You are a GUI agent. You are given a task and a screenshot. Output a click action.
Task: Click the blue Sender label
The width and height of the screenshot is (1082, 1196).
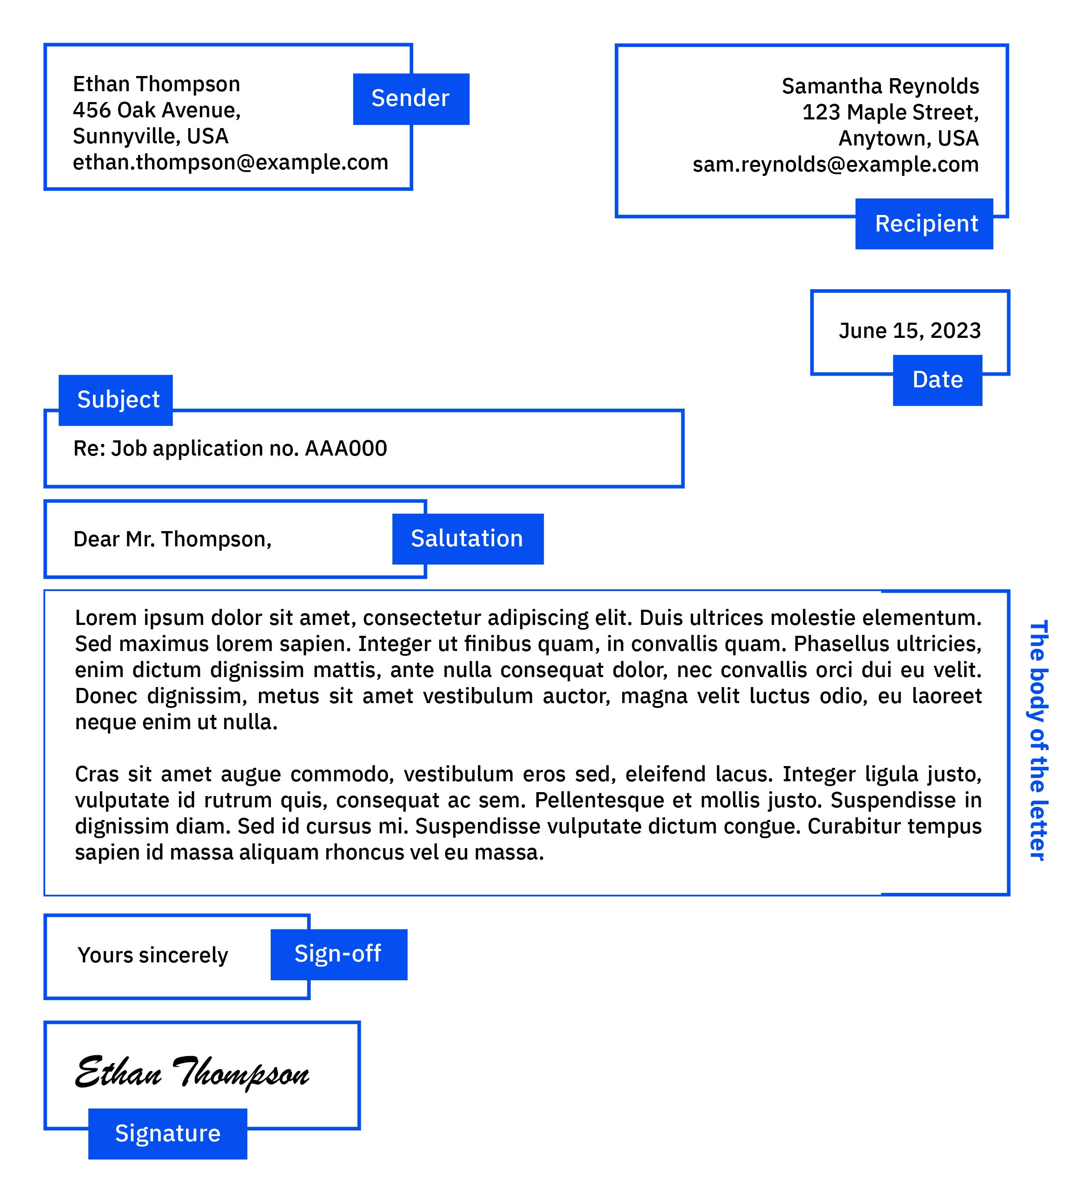411,99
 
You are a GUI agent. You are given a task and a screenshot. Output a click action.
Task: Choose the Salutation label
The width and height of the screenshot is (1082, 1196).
467,539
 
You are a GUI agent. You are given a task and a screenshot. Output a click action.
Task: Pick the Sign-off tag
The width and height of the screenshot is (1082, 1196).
339,954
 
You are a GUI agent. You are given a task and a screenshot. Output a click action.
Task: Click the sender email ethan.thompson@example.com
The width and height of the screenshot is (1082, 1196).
230,162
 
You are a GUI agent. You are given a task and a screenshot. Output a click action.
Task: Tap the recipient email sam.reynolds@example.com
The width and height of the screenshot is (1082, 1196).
835,164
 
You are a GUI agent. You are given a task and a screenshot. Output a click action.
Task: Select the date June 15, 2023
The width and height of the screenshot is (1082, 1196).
909,330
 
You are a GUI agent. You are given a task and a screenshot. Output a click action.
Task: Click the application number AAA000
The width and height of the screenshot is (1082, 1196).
345,449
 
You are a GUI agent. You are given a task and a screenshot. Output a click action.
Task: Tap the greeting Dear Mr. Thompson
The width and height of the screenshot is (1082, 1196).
172,539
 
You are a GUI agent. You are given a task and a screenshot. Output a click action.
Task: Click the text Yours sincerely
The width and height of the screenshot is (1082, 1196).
153,955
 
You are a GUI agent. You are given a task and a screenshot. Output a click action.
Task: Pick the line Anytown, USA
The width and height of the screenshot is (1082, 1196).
908,138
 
